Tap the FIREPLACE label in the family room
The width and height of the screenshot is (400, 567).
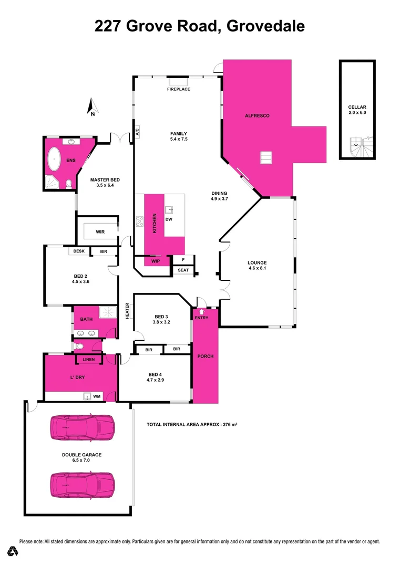tap(179, 89)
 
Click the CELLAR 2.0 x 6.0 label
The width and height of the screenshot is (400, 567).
tap(357, 109)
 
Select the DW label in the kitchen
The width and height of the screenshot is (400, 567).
tap(169, 219)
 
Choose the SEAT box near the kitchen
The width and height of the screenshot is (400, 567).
tap(183, 270)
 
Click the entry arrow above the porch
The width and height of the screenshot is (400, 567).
tap(201, 311)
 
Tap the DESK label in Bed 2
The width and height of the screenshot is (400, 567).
tap(79, 251)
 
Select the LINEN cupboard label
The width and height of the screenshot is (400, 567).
tap(89, 360)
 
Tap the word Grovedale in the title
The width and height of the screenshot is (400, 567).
tap(265, 26)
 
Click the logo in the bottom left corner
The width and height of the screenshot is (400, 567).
tap(14, 551)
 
